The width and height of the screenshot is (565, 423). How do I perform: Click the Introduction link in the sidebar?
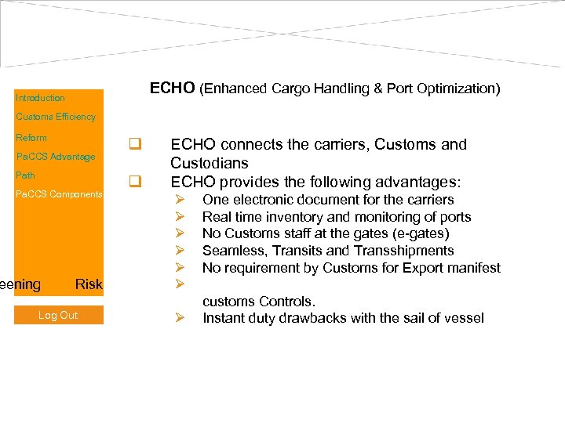point(40,98)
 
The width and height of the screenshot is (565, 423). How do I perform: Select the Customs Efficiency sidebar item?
point(56,117)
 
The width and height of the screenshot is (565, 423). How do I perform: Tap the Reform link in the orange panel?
point(31,138)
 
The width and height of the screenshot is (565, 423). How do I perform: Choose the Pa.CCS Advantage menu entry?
point(56,157)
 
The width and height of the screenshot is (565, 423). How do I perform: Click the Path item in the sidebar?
point(26,175)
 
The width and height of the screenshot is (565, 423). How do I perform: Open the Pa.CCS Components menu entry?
point(59,194)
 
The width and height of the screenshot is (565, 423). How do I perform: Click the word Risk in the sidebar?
point(89,284)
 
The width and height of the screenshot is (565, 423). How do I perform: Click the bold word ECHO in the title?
point(172,88)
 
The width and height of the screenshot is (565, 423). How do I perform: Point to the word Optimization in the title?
point(459,89)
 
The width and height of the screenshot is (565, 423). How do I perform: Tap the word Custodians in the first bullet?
point(210,163)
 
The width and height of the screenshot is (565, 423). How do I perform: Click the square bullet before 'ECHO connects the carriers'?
point(135,144)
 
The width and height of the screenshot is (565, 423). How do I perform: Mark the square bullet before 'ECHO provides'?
point(135,182)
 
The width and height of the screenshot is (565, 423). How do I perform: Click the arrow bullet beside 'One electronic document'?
point(179,200)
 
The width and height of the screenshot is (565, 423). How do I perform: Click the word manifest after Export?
point(472,268)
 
